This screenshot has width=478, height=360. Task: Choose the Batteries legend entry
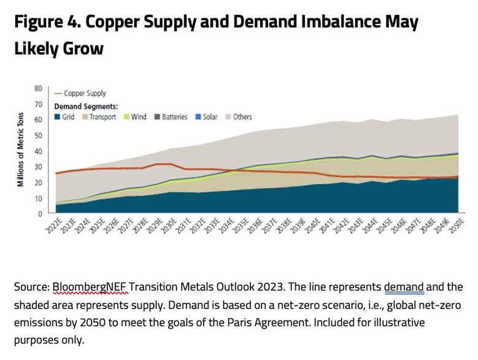(x=170, y=117)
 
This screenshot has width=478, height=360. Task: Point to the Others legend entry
(x=241, y=117)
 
